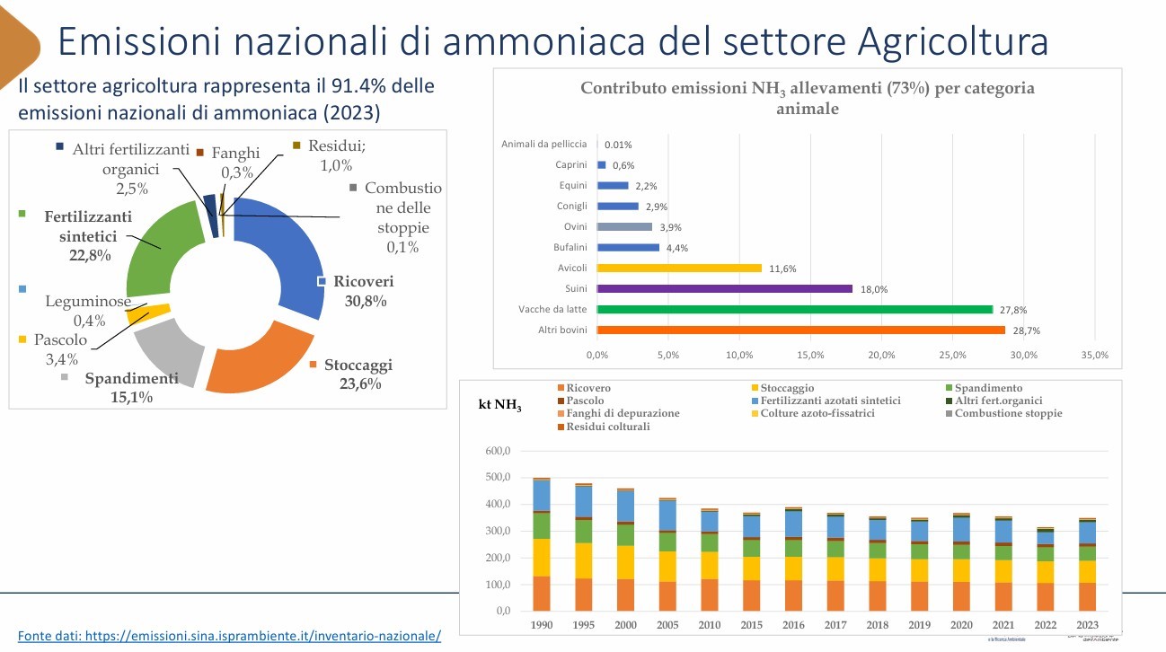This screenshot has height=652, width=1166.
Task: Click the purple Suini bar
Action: (724, 289)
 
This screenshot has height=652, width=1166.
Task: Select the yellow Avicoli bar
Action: (678, 268)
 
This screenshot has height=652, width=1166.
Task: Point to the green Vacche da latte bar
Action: (794, 310)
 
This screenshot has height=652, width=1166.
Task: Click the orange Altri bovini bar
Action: (800, 330)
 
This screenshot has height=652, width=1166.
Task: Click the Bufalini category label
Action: (569, 248)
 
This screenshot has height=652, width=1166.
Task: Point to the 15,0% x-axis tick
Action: (810, 356)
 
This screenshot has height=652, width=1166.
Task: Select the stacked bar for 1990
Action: (542, 545)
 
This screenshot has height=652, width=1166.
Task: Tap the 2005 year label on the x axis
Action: (667, 625)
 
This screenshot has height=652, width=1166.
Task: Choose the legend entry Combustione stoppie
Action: (1008, 413)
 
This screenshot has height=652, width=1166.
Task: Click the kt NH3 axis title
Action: (499, 405)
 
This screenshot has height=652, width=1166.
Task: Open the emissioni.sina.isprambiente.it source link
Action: (230, 636)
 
